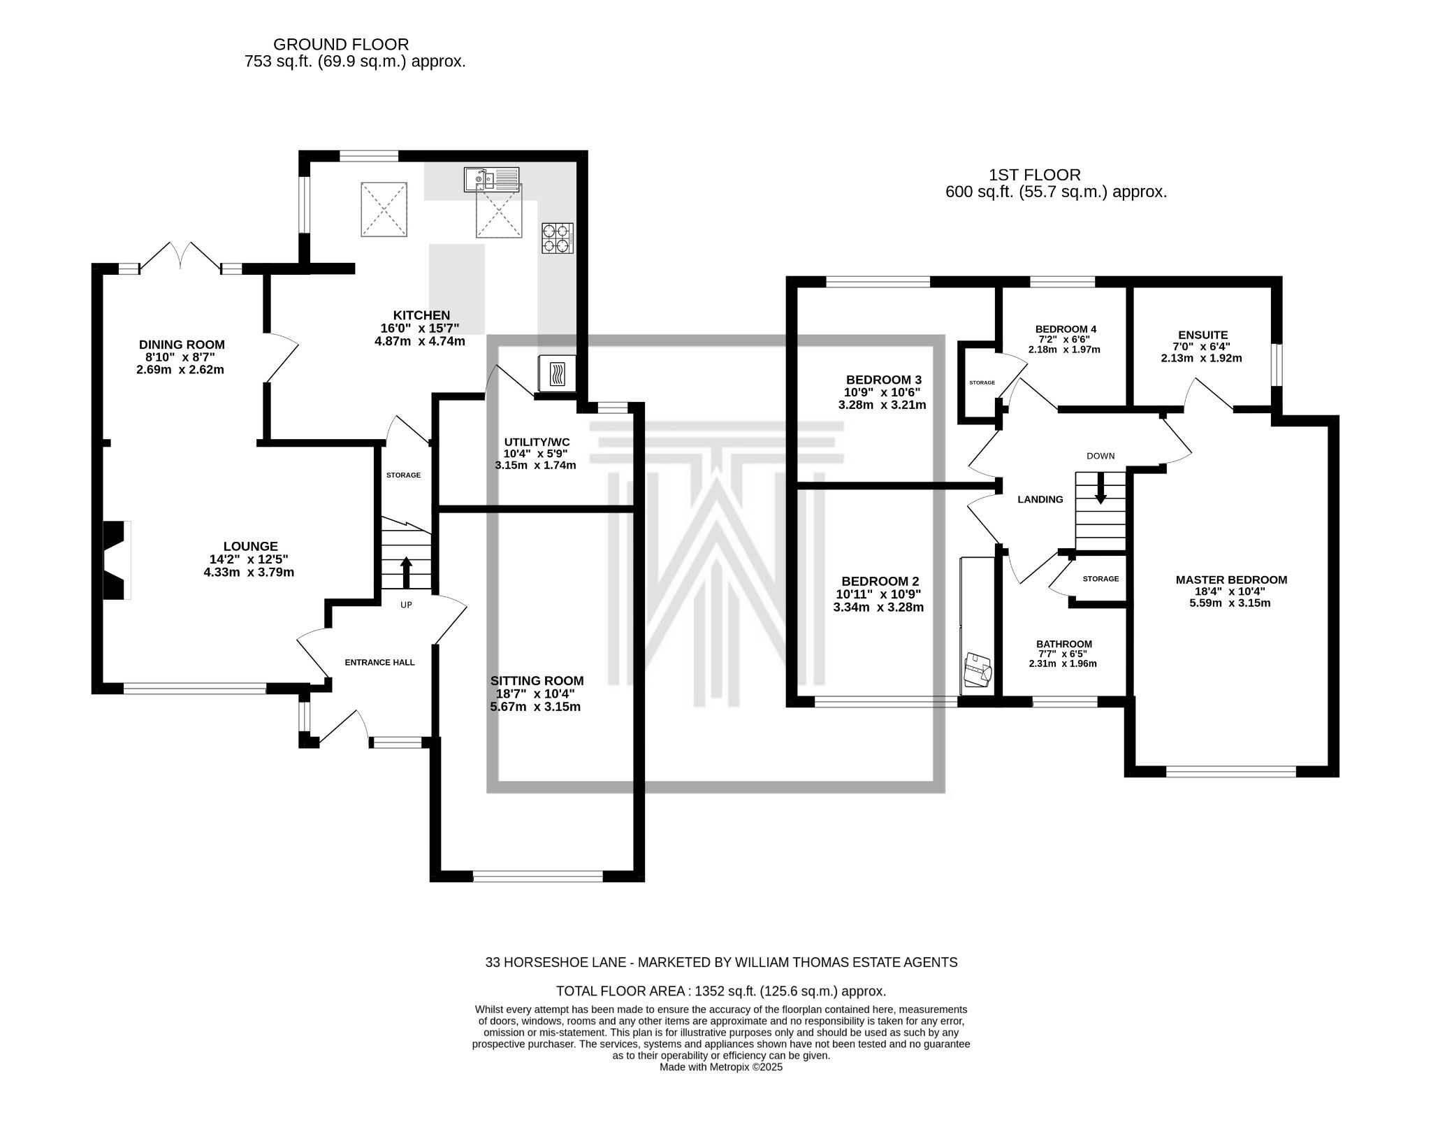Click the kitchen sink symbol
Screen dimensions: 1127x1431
point(491,180)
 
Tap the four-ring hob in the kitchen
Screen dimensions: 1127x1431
point(557,238)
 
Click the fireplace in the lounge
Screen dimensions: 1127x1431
point(117,560)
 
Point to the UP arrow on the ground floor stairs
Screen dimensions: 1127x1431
point(405,573)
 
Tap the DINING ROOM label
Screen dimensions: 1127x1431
point(182,344)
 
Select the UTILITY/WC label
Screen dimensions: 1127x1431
point(537,442)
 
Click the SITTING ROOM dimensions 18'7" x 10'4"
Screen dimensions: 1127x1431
point(536,694)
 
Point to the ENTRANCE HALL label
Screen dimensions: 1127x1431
point(379,662)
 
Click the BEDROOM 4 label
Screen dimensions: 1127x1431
point(1066,329)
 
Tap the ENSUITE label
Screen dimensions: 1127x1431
point(1203,335)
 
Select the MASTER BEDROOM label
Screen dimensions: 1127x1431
point(1231,580)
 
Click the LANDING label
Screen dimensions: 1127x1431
point(1040,499)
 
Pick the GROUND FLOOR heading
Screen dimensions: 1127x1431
point(341,45)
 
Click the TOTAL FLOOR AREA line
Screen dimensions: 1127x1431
point(720,991)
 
